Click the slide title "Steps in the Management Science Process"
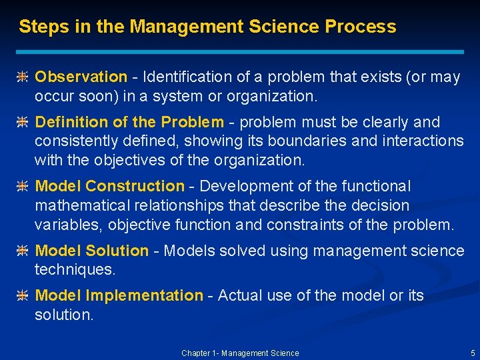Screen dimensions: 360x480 207,27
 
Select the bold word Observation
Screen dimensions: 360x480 81,77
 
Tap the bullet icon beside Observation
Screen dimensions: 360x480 22,78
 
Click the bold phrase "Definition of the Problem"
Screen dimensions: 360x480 129,122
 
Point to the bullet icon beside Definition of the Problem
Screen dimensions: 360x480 22,123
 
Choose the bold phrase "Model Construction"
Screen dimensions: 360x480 109,186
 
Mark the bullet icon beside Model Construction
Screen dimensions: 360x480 22,187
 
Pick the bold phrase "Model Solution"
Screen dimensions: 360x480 91,251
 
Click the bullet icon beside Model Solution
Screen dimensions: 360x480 22,251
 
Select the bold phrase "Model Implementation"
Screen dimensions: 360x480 119,295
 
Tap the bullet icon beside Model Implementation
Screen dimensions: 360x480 22,296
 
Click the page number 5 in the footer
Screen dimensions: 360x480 473,353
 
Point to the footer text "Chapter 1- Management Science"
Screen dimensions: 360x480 240,353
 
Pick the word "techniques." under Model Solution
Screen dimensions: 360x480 75,270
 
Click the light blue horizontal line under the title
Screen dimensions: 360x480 240,51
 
